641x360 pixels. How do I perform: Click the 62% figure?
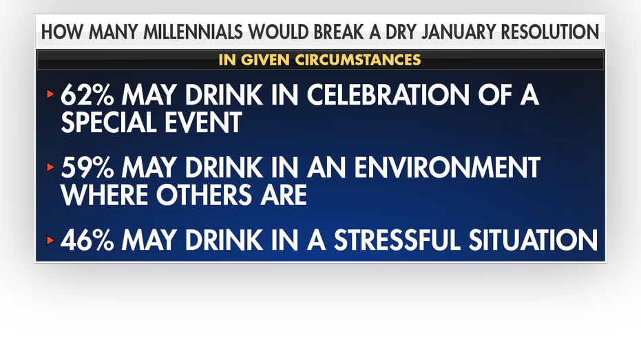[87, 95]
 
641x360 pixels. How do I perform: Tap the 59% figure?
[87, 167]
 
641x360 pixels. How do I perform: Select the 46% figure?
[87, 240]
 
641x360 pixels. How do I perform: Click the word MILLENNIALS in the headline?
[193, 32]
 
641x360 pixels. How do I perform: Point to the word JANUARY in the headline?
[459, 32]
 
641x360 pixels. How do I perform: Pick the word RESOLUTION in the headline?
[550, 32]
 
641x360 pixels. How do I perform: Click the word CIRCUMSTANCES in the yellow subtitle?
[358, 60]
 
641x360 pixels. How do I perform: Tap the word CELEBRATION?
[388, 95]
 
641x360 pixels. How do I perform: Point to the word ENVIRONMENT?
[448, 167]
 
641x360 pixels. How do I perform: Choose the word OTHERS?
[204, 195]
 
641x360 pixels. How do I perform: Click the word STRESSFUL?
[397, 240]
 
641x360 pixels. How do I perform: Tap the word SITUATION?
[533, 240]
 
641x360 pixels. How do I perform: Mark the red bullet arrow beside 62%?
[51, 94]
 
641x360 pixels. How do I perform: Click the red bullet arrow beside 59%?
[51, 167]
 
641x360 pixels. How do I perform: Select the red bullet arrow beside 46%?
[51, 240]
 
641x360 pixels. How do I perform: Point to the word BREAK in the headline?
[337, 32]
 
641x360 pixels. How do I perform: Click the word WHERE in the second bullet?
[105, 195]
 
